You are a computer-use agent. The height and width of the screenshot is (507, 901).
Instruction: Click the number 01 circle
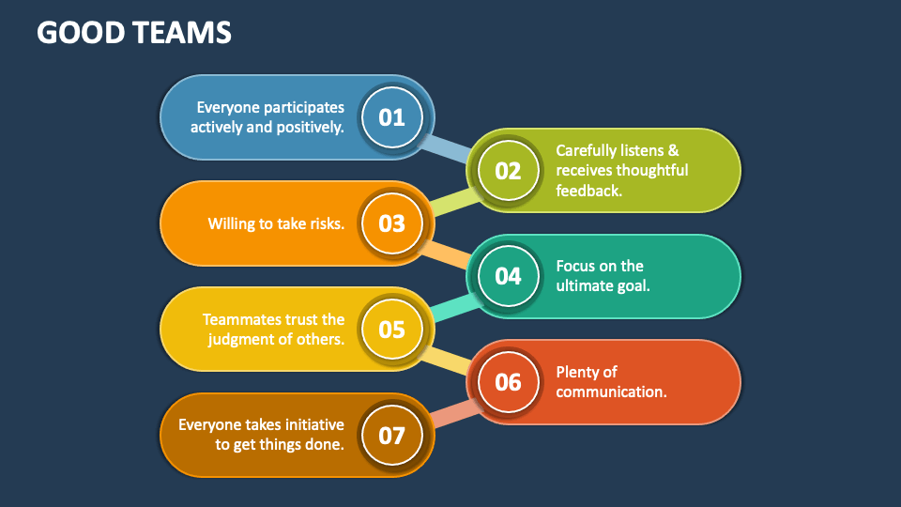(x=391, y=117)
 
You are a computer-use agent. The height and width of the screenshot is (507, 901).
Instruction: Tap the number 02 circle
(x=508, y=171)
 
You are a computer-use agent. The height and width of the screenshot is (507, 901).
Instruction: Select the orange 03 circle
(x=391, y=223)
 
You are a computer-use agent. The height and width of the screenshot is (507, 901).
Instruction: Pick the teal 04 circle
(x=508, y=276)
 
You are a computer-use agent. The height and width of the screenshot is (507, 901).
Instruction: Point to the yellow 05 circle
(x=391, y=330)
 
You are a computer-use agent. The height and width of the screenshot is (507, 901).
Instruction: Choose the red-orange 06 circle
(x=508, y=382)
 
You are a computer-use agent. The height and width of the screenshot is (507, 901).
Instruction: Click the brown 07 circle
(x=391, y=436)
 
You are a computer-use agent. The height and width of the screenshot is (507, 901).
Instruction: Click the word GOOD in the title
(x=75, y=33)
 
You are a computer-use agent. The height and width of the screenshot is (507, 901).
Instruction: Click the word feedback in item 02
(x=589, y=191)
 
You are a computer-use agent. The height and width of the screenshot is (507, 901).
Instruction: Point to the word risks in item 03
(x=325, y=223)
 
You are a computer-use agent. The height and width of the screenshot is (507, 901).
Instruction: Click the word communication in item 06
(x=611, y=392)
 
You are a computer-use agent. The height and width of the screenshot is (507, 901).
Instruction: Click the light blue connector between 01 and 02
(x=449, y=147)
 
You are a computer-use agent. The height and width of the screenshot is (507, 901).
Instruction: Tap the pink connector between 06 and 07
(x=451, y=410)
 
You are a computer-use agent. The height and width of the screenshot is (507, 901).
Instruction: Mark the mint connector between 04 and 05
(x=451, y=304)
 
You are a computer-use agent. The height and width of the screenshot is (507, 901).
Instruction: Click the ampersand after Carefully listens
(x=672, y=150)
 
